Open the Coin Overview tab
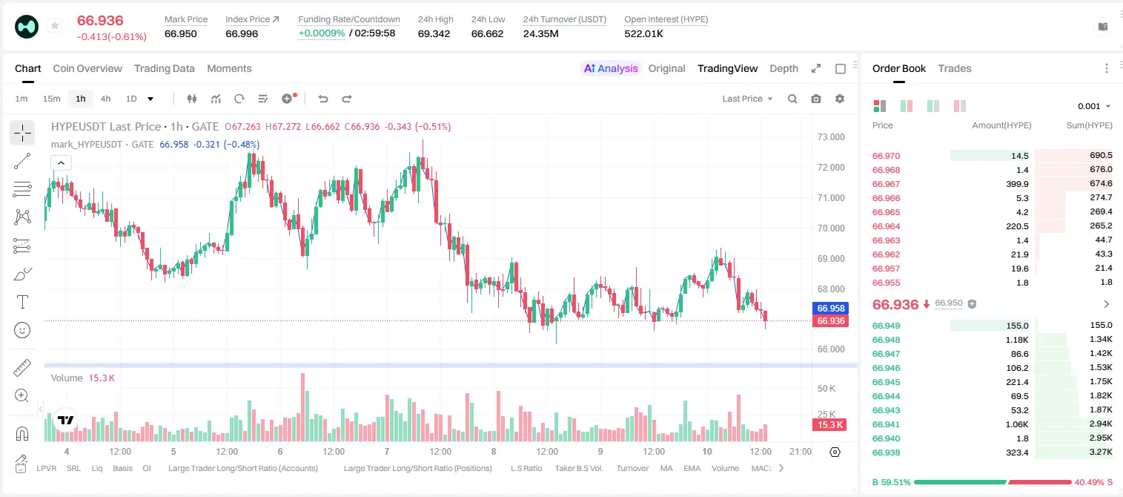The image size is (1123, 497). click(87, 68)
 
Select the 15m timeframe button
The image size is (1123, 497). click(52, 99)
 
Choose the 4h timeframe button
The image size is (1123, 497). click(105, 99)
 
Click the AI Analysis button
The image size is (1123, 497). click(611, 68)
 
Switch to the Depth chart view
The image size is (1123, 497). click(784, 68)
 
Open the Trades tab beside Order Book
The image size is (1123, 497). click(955, 68)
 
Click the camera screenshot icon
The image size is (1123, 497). click(816, 99)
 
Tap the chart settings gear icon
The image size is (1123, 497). click(840, 99)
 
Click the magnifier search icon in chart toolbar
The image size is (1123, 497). click(792, 99)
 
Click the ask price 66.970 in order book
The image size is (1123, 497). click(886, 156)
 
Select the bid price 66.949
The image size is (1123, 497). click(886, 326)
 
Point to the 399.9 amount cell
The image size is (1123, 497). click(1017, 184)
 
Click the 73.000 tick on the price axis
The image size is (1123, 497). click(831, 137)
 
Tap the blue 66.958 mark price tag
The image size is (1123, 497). click(830, 308)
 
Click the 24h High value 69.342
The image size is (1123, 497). click(434, 33)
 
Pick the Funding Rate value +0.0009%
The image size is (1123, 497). click(322, 33)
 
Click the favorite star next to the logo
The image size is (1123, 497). click(55, 25)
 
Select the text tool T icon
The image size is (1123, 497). click(22, 302)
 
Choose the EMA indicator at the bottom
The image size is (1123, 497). click(692, 468)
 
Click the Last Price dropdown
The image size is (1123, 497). click(747, 99)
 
